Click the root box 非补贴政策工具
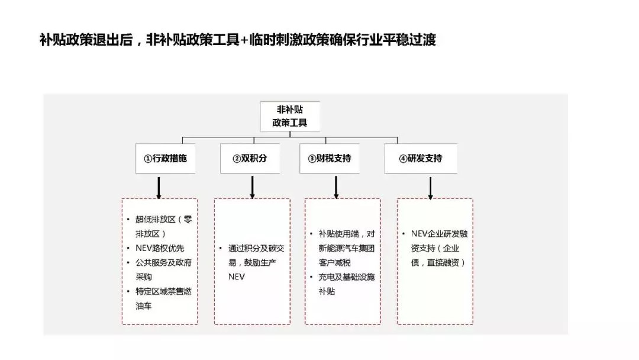pos(290,116)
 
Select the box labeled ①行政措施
pos(166,158)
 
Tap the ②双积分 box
pos(250,158)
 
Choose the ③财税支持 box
pos(330,158)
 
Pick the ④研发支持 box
pos(421,158)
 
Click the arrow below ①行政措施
pos(159,188)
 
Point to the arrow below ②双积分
pos(252,188)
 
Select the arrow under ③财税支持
pos(336,188)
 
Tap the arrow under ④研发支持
pos(430,188)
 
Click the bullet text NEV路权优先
pos(160,248)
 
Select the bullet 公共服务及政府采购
pos(163,269)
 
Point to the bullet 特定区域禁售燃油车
pos(163,298)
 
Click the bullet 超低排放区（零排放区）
pos(163,226)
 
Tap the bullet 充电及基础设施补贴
pos(346,284)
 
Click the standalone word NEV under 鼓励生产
pos(236,277)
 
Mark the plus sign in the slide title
pos(244,40)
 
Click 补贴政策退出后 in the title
pos(86,40)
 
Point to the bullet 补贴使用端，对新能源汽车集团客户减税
pos(346,248)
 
